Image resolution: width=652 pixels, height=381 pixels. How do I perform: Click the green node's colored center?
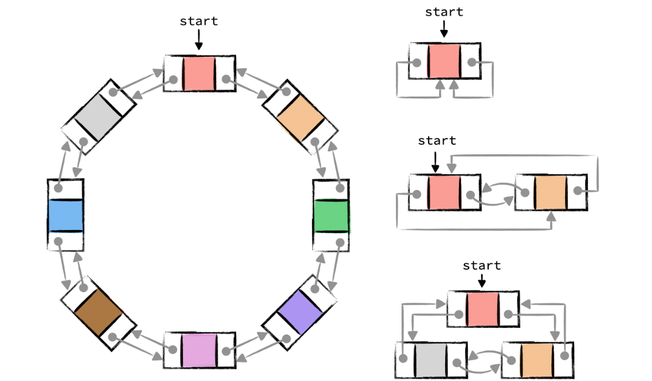pos(331,216)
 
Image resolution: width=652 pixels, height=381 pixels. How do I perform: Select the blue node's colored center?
pos(65,216)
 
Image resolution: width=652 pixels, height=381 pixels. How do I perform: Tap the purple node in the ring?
pos(299,312)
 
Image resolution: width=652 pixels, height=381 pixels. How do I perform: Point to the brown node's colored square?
pos(98,312)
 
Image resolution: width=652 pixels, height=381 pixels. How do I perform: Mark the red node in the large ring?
pos(199,73)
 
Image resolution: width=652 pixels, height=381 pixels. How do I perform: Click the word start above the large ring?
pos(199,22)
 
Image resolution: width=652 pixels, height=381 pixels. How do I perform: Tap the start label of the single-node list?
pos(444,12)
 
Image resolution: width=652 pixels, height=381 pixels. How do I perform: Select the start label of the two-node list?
pos(437,140)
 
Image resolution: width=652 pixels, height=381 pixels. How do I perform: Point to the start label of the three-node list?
pos(482,265)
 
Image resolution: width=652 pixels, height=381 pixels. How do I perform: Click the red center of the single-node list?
pos(444,61)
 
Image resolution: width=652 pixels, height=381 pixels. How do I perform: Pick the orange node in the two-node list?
pos(551,192)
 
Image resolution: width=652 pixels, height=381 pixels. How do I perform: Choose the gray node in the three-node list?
pos(430,360)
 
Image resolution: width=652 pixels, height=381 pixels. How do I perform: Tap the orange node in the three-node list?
pos(536,360)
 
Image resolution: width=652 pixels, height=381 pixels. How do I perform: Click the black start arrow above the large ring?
pos(199,40)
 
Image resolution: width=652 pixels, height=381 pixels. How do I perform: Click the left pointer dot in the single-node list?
pos(418,62)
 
